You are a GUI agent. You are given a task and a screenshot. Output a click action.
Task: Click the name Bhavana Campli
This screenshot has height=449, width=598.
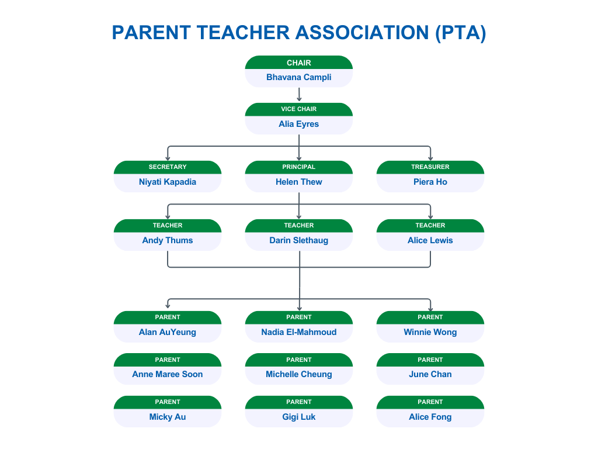coord(298,77)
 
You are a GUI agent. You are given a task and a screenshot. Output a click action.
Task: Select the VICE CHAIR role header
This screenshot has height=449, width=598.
coord(298,109)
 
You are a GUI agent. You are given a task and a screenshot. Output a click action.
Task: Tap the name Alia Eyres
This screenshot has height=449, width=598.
coord(298,124)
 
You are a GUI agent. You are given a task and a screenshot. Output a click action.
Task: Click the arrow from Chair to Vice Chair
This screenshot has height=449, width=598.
coord(299,95)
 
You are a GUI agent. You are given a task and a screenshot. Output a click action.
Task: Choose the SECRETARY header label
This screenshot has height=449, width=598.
coord(168,167)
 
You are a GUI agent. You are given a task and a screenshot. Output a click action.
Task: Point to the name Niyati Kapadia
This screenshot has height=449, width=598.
coord(168,182)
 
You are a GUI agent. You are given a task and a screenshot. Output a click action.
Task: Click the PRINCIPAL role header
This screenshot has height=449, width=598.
coord(298,167)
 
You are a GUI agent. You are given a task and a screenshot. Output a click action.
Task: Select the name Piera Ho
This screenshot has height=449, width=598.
coord(430,182)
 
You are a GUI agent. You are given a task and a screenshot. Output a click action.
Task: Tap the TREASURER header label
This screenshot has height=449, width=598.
coord(430,167)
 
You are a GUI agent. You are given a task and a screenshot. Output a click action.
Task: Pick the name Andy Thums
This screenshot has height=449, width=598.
coord(168,240)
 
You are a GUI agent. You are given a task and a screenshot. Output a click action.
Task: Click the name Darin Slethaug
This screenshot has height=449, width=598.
coord(298,240)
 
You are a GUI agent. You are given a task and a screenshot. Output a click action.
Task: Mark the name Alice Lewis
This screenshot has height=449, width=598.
coord(430,240)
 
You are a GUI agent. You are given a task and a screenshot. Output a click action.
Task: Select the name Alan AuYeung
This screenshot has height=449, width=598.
coord(168,332)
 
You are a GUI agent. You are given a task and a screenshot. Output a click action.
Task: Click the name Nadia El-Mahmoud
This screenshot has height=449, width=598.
coord(298,332)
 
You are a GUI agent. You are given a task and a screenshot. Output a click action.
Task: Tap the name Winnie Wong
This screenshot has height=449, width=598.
coord(430,332)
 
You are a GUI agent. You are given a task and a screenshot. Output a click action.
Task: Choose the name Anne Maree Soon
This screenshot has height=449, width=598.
coord(168,374)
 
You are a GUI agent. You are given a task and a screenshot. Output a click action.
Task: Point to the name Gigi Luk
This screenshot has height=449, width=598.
coord(298,417)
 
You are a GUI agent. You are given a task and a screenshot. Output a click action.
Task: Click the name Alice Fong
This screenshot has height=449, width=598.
coord(430,417)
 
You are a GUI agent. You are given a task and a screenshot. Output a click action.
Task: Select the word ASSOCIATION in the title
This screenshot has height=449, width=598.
coord(362,33)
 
